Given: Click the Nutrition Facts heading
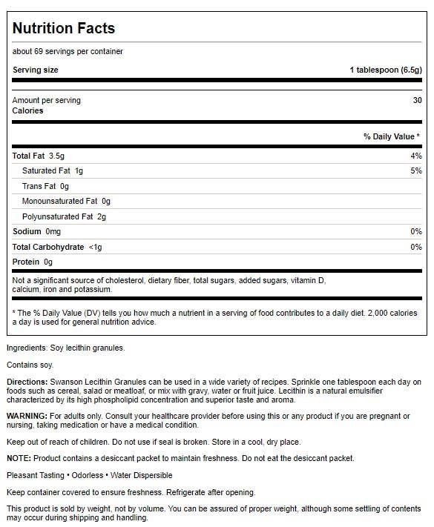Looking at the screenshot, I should [x=64, y=29].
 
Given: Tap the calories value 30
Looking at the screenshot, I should [x=417, y=100].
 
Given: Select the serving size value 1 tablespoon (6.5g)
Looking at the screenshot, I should [x=385, y=70].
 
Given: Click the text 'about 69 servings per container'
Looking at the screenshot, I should [x=68, y=51].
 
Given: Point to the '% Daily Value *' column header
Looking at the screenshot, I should [x=392, y=136].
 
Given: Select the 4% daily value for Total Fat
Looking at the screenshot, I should [x=415, y=156].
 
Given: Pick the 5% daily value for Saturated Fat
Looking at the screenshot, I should [x=415, y=171].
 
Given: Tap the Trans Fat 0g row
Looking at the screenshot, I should [x=45, y=187].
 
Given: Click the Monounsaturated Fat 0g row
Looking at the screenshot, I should [x=66, y=202].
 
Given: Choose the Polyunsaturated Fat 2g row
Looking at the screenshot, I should [x=65, y=216].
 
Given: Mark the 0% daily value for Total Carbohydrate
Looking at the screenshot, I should [x=415, y=247].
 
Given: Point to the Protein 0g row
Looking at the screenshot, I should [x=33, y=262].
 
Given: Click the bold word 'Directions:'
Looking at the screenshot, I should [x=27, y=381].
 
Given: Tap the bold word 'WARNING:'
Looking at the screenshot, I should [x=27, y=416].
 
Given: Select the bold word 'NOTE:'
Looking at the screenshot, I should [x=19, y=459].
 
